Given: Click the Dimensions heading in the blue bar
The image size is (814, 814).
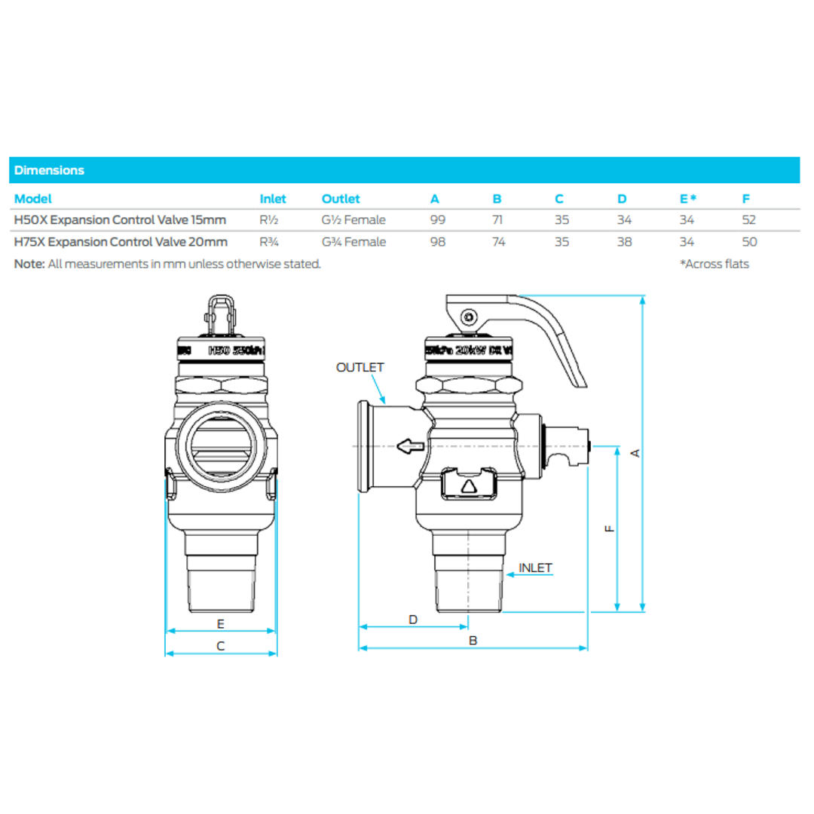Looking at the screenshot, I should tap(49, 170).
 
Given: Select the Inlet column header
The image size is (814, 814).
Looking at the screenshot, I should tap(272, 199).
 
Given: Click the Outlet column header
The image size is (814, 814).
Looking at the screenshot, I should tap(341, 199).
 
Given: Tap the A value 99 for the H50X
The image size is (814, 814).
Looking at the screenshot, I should tap(437, 220).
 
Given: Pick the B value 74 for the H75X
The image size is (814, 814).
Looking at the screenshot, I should tap(498, 242).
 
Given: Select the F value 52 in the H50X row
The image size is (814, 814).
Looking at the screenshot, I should tap(748, 220).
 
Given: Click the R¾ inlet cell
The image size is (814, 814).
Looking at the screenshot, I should tap(269, 242).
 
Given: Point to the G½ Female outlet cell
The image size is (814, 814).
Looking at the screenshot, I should tap(353, 220).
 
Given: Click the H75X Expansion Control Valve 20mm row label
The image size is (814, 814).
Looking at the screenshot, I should tap(121, 242).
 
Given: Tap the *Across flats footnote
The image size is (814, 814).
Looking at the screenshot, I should tap(715, 264).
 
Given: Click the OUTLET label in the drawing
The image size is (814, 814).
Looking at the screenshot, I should tap(360, 368).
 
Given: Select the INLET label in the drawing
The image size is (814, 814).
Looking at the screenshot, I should tap(535, 568).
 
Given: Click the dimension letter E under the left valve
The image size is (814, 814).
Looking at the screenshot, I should tap(221, 623).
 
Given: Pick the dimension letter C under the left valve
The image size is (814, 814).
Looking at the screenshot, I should tap(221, 646).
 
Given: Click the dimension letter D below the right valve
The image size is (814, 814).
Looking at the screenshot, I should tap(413, 620).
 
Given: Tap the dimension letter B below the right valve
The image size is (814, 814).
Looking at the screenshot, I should tap(473, 641).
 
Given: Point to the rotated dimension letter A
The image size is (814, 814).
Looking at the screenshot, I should tap(635, 452).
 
